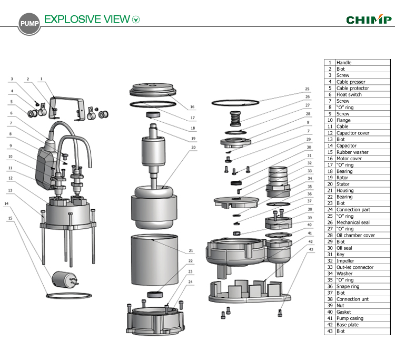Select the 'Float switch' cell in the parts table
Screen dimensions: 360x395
[x=349, y=94]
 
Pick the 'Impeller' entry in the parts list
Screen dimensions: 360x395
[x=346, y=261]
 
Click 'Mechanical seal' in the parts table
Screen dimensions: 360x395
[x=353, y=222]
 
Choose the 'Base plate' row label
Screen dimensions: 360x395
[x=348, y=325]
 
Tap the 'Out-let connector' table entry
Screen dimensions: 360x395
[x=355, y=267]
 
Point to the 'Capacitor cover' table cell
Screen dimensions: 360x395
[x=352, y=133]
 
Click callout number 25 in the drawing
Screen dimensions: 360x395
[x=307, y=89]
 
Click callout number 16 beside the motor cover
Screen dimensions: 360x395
[x=192, y=107]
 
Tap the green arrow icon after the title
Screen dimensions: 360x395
[x=136, y=20]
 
